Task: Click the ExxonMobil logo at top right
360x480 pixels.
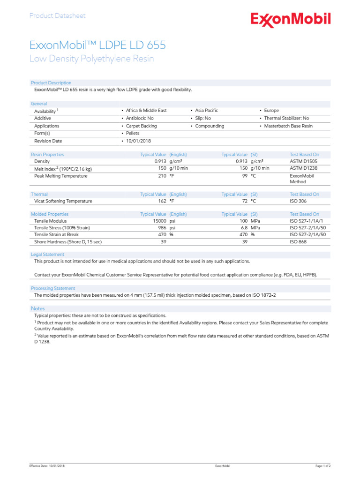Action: (x=291, y=19)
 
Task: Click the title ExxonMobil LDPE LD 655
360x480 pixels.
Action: (x=97, y=45)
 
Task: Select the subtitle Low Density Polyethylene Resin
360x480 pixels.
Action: (x=91, y=59)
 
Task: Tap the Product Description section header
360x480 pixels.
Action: (x=51, y=83)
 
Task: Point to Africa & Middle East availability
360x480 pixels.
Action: (x=146, y=111)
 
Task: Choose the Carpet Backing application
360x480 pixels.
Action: (x=141, y=126)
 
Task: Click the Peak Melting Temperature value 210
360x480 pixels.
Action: (x=162, y=176)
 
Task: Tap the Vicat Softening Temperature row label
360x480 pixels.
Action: (x=63, y=201)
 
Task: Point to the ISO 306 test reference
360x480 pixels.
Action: (x=298, y=201)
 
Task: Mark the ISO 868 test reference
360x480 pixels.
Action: (x=298, y=242)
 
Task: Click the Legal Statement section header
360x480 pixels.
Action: (x=47, y=255)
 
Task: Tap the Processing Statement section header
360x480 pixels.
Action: (x=52, y=288)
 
